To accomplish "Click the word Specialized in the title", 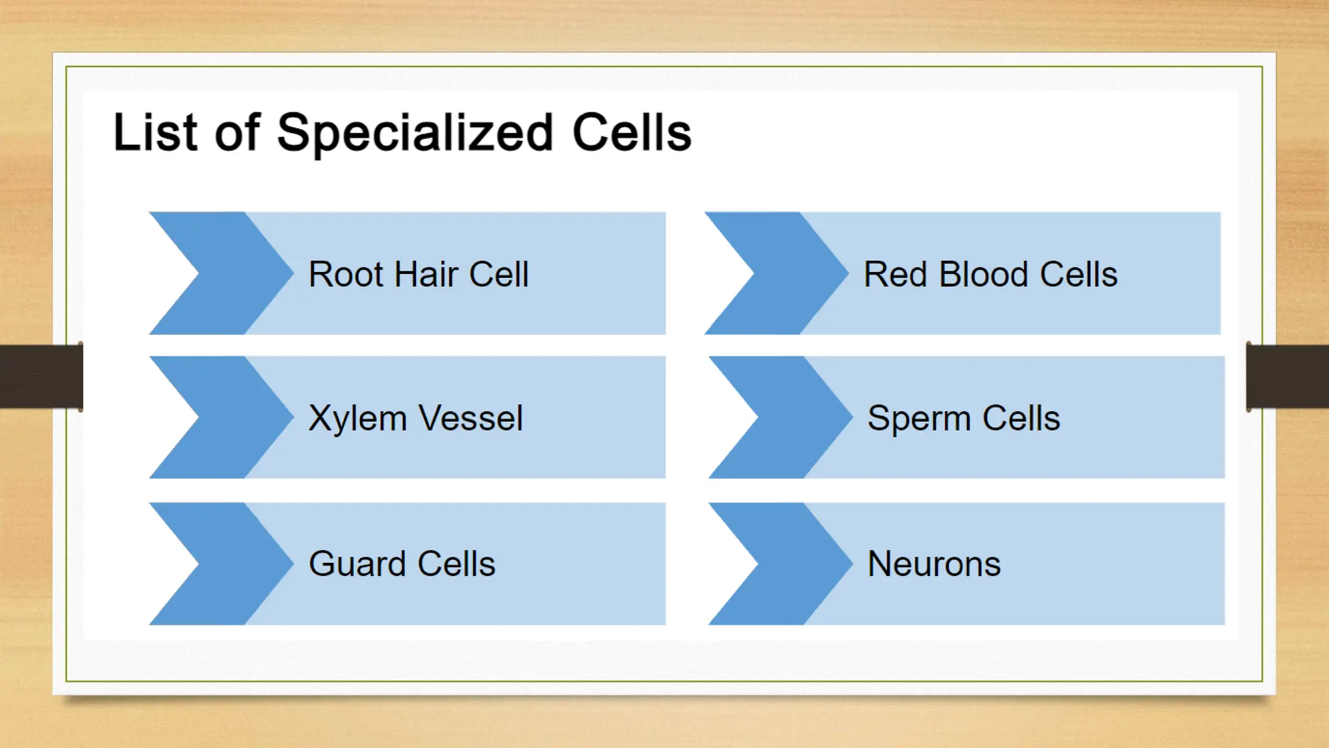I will [x=415, y=133].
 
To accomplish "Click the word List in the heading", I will [x=155, y=133].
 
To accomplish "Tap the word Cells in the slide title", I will [x=631, y=133].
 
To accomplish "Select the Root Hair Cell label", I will [x=419, y=274].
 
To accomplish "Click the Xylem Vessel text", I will [x=415, y=418].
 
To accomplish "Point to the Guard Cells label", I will [x=402, y=564].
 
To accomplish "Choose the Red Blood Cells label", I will [x=990, y=274].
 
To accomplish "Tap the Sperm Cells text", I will [x=964, y=418].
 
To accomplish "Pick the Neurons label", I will [x=934, y=564].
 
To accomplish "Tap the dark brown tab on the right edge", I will [x=1287, y=377].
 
